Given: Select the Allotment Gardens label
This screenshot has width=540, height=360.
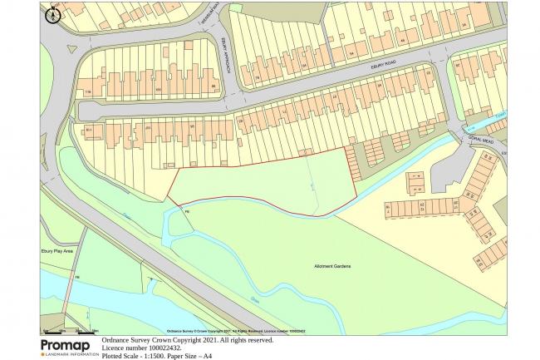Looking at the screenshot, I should [332, 266].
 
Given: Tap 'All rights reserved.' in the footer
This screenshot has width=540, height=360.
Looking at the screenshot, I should [244, 340].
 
